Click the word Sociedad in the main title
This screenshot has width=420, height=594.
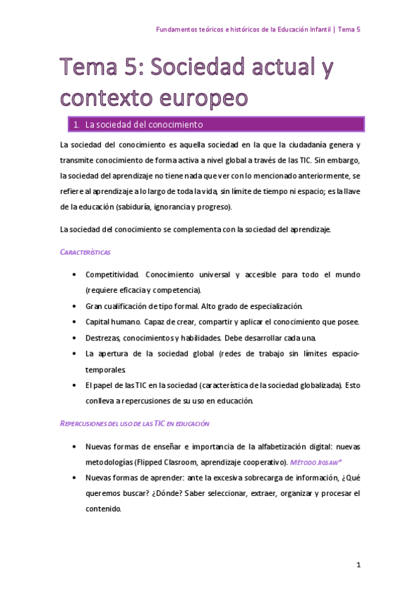[192, 69]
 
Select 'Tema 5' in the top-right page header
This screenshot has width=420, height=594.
[348, 29]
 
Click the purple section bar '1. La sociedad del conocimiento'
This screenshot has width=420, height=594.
[210, 125]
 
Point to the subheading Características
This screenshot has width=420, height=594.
[86, 251]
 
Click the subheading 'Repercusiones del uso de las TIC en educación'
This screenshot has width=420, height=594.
[135, 424]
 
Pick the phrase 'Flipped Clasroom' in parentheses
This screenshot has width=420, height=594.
[163, 462]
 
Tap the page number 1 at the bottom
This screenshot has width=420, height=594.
[358, 564]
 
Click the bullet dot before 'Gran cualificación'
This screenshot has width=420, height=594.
[74, 306]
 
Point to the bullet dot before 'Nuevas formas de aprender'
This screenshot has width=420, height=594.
[74, 478]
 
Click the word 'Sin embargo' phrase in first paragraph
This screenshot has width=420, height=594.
[338, 161]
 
